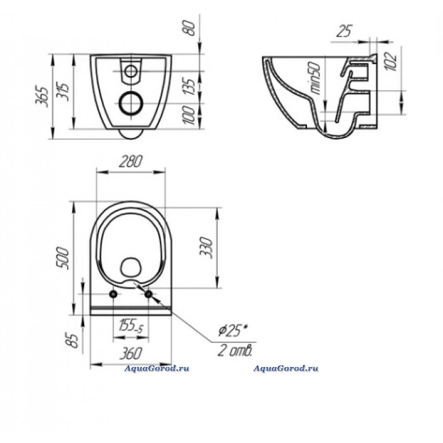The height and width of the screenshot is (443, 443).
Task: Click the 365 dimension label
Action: (x=42, y=96)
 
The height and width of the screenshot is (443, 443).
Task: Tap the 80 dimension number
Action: (x=191, y=28)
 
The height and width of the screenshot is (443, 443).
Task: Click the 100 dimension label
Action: (x=190, y=115)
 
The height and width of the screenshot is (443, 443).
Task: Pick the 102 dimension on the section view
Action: (x=391, y=61)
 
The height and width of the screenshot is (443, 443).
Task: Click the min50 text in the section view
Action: (x=315, y=78)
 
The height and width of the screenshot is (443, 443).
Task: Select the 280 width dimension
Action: (x=130, y=162)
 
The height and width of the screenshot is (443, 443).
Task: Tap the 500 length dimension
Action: (x=63, y=258)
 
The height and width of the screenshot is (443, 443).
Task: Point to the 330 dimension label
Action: (x=206, y=247)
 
